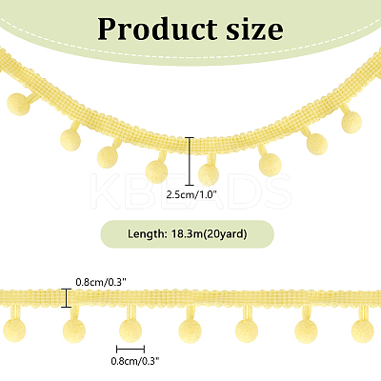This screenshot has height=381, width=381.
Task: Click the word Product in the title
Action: pyautogui.click(x=157, y=29)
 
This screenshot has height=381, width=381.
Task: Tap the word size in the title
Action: pyautogui.click(x=254, y=29)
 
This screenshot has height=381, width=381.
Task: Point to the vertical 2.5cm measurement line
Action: pyautogui.click(x=190, y=161)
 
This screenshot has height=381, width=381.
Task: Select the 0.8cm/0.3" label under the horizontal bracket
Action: pyautogui.click(x=135, y=361)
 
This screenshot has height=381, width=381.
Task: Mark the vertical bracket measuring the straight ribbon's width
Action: pyautogui.click(x=66, y=298)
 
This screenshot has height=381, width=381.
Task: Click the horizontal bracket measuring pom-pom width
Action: pyautogui.click(x=130, y=350)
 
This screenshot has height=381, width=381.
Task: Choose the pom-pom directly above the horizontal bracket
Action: pyautogui.click(x=130, y=330)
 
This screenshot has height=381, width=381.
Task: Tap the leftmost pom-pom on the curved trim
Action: pyautogui.click(x=18, y=104)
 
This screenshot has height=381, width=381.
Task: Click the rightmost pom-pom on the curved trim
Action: pyautogui.click(x=351, y=122)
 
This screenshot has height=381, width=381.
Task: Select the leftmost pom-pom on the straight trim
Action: pyautogui.click(x=14, y=331)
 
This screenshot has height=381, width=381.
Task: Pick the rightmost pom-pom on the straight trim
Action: pyautogui.click(x=363, y=331)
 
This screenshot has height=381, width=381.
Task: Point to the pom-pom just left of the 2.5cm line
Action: pyautogui.click(x=156, y=171)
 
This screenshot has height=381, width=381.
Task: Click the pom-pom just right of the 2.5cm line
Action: pyautogui.click(x=209, y=175)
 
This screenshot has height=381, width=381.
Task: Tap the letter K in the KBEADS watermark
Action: pyautogui.click(x=105, y=191)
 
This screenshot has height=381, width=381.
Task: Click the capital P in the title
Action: pyautogui.click(x=108, y=29)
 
